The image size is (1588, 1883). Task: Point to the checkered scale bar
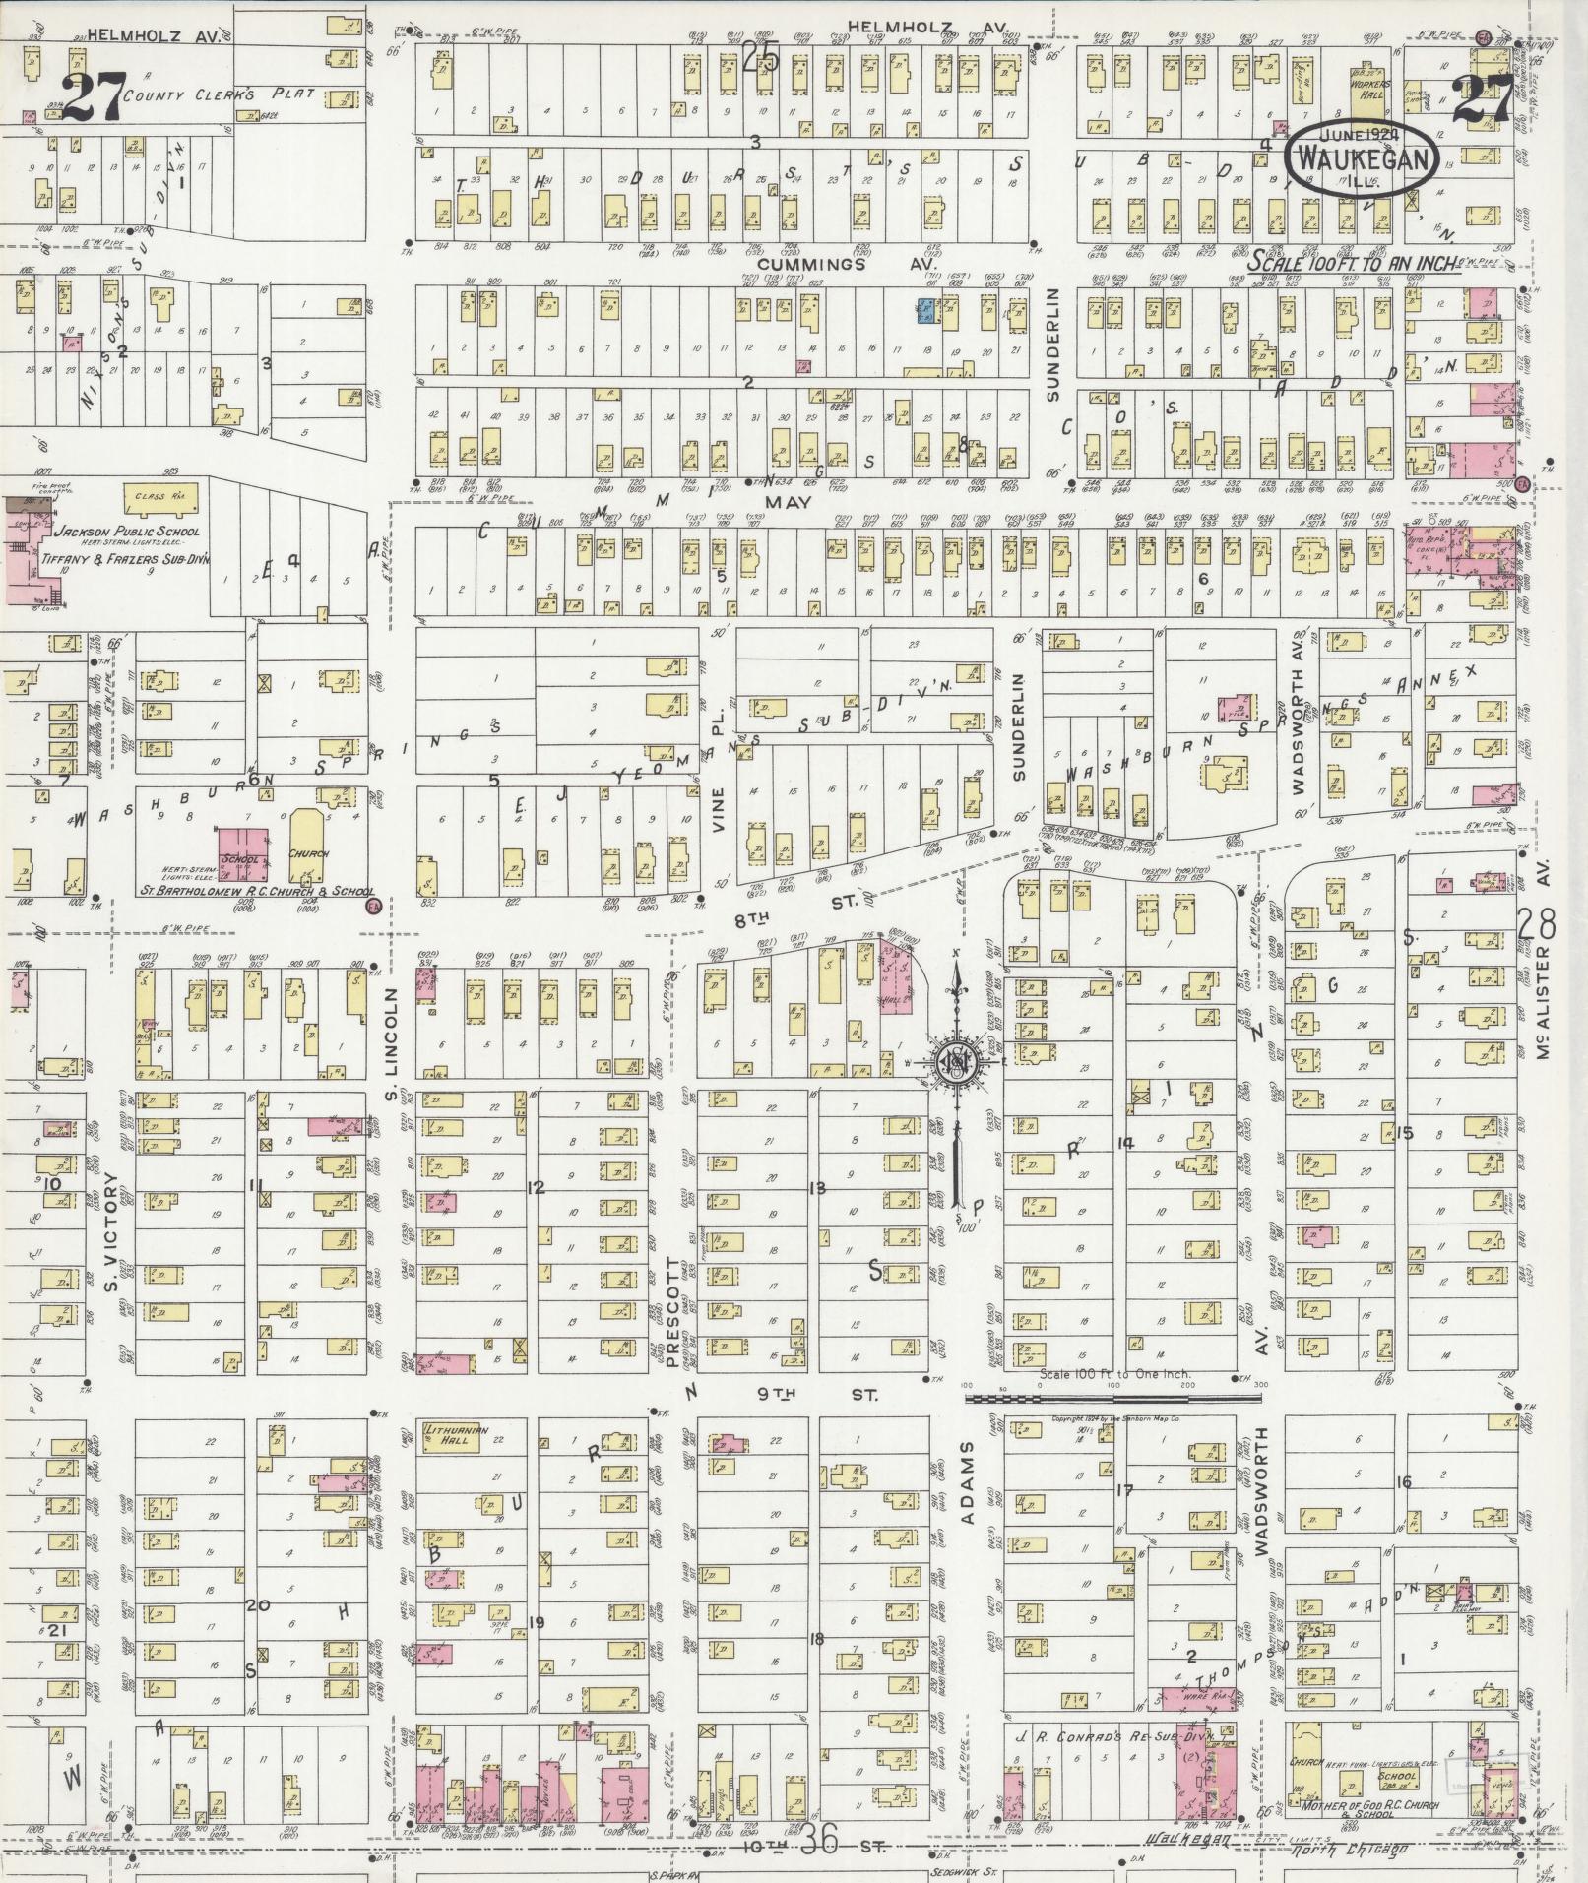(1112, 1397)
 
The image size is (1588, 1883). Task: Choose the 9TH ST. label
(817, 1395)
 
